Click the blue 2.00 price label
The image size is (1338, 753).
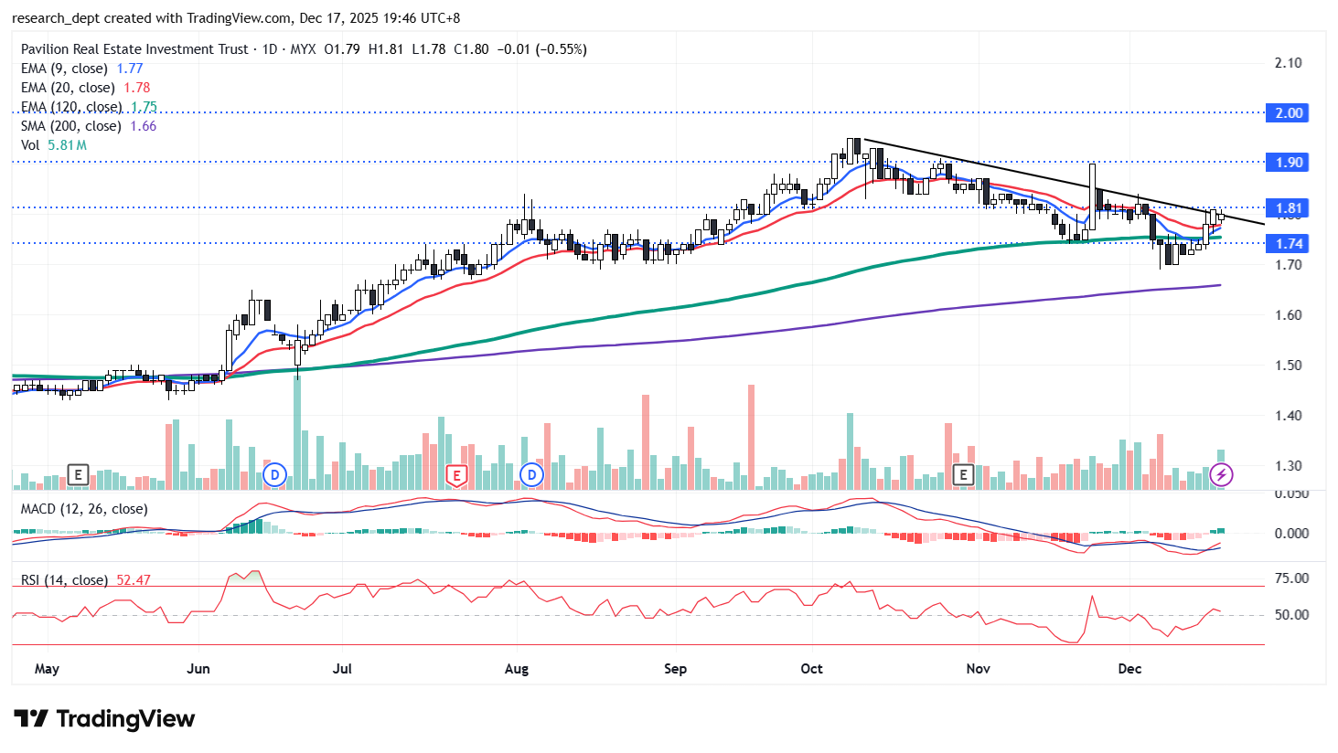point(1289,113)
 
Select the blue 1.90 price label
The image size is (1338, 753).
point(1289,163)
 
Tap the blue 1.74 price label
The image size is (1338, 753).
point(1289,244)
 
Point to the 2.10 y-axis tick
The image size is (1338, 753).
point(1289,63)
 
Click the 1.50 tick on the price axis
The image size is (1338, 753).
point(1289,366)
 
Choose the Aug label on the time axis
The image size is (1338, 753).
point(517,669)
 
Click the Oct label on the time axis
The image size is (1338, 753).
point(811,669)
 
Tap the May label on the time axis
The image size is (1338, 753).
point(47,669)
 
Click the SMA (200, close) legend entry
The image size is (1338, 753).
point(70,126)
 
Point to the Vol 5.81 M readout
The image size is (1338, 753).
point(54,145)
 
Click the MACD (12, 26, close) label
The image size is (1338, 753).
point(84,509)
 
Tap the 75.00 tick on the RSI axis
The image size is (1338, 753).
point(1291,578)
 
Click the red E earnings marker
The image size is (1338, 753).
point(455,475)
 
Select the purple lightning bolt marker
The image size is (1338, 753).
point(1221,475)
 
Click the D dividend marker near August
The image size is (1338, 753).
point(531,475)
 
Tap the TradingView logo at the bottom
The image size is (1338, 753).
point(104,719)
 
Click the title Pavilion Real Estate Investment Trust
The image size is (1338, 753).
point(134,49)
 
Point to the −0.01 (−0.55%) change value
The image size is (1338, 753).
point(541,49)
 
